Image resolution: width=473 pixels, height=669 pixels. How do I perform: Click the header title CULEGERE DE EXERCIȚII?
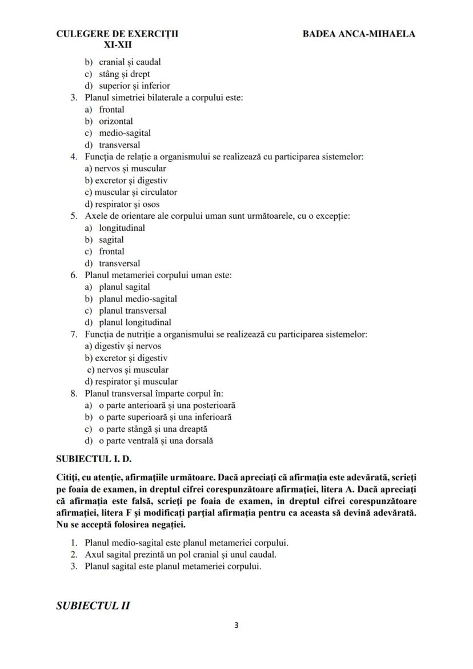(x=117, y=34)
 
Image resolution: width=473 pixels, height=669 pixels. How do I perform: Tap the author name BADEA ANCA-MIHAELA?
(x=359, y=34)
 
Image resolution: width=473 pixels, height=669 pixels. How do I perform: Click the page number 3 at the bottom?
(x=236, y=625)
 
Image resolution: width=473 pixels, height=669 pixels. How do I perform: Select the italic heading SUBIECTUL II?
(x=93, y=606)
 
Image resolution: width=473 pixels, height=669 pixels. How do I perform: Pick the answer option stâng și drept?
(x=125, y=74)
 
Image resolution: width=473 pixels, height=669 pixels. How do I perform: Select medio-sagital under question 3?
(x=125, y=133)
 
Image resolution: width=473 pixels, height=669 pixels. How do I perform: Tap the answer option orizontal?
(x=116, y=121)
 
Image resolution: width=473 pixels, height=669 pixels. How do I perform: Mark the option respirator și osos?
(x=122, y=204)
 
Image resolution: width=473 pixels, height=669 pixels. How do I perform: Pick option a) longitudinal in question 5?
(x=122, y=228)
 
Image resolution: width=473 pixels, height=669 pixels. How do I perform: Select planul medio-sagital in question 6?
(x=138, y=299)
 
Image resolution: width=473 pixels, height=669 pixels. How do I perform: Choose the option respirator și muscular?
(x=131, y=382)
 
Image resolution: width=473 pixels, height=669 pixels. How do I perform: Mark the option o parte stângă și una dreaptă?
(x=153, y=429)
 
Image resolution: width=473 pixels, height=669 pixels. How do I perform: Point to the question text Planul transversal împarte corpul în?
(x=154, y=394)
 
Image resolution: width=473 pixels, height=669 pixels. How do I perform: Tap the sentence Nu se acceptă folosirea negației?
(x=125, y=523)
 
